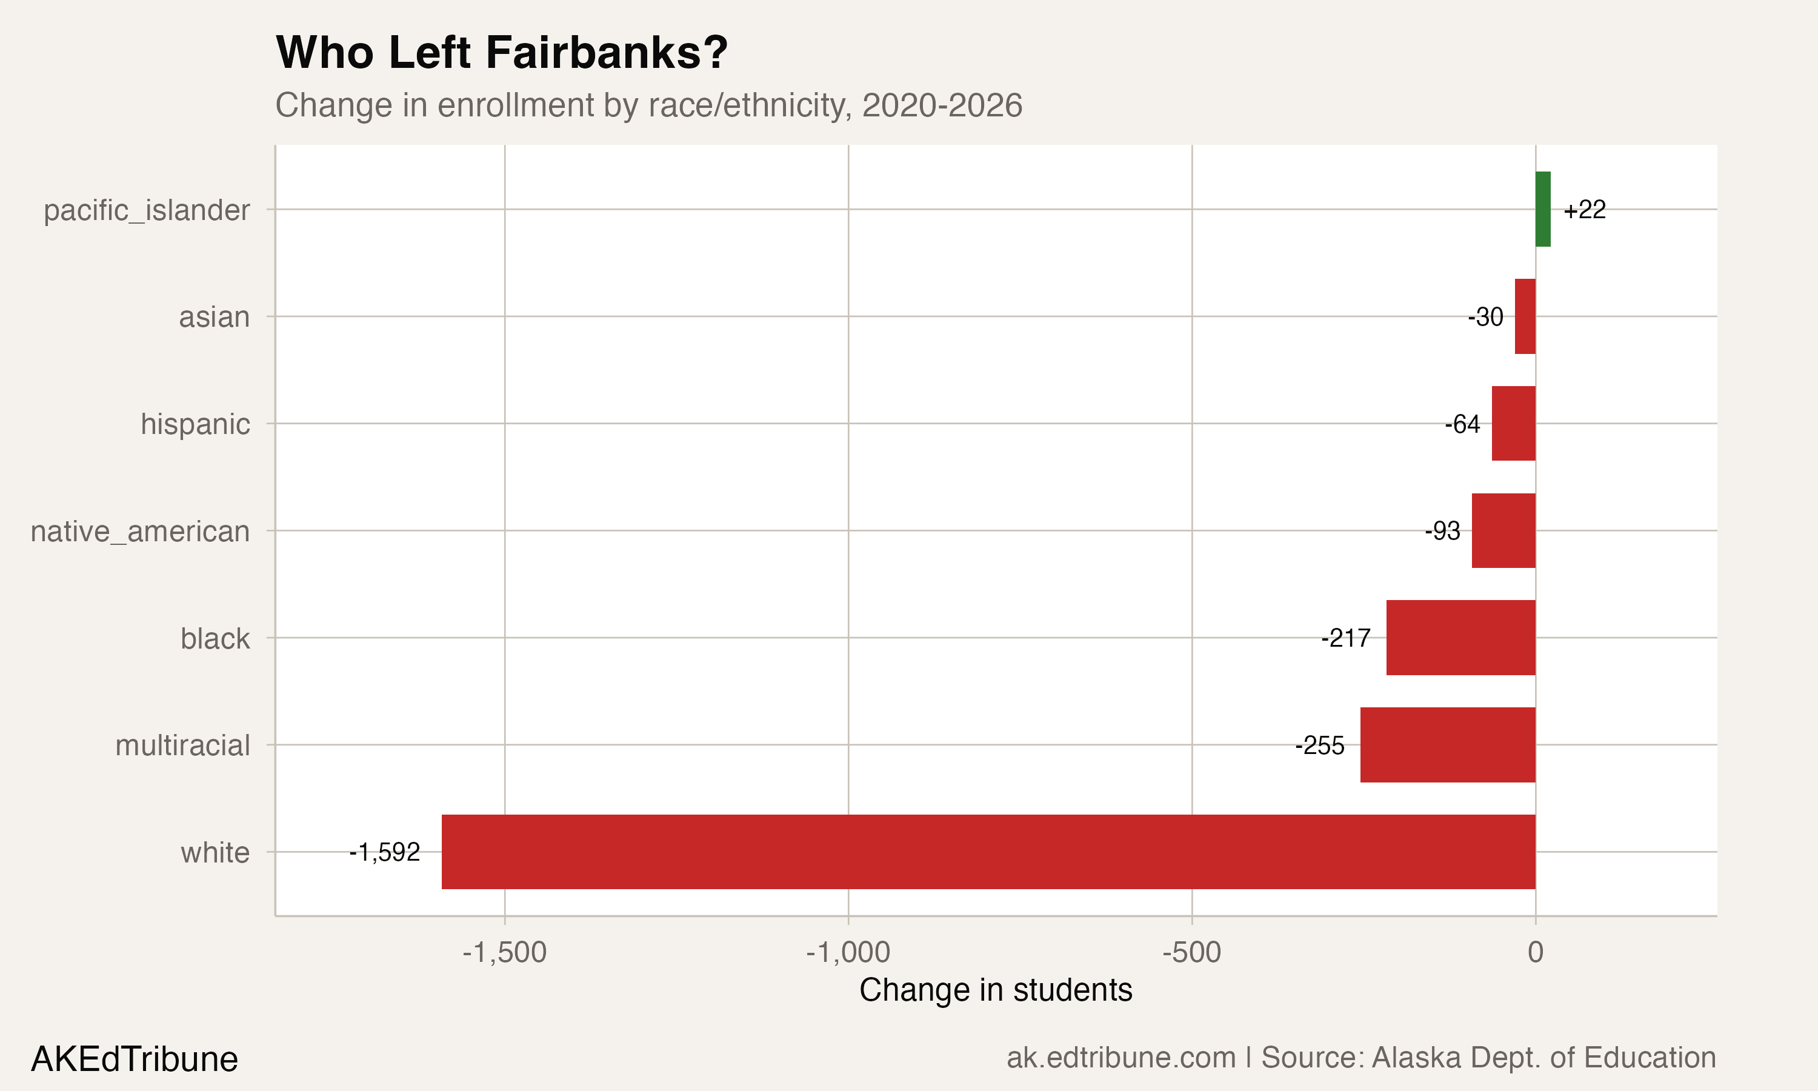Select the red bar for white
988,852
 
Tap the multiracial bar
1448,745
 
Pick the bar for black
1461,638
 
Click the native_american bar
1503,530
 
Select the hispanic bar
1513,424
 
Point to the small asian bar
1525,316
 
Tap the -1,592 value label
384,852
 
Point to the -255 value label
1319,746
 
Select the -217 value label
1345,638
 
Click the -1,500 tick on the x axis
504,952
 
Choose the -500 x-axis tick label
1191,952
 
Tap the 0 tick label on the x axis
1535,952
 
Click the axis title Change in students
995,990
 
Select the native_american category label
139,531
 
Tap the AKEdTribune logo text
135,1059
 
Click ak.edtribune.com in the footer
1120,1057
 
